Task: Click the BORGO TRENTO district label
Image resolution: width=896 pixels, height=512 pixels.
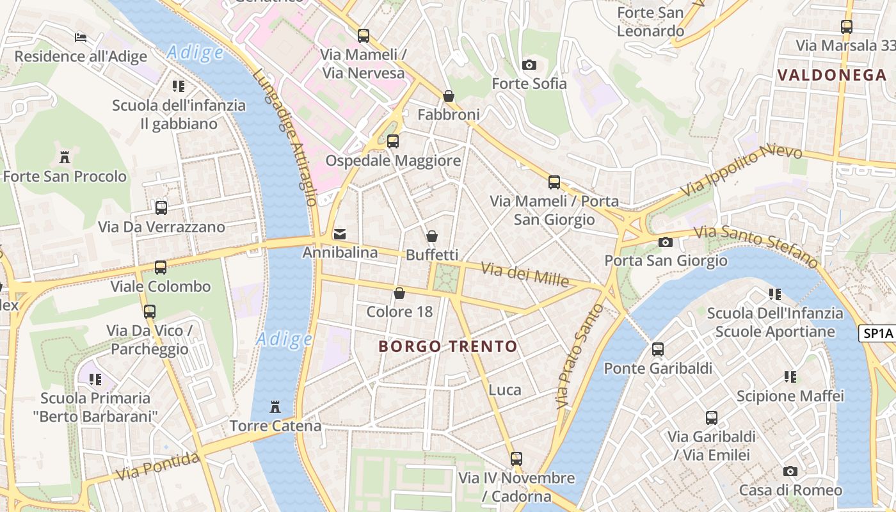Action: [x=447, y=347]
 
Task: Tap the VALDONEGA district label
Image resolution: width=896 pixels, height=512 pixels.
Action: [x=831, y=75]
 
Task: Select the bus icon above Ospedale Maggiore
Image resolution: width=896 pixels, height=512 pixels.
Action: [x=393, y=141]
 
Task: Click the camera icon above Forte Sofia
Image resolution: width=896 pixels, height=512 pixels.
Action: [x=529, y=65]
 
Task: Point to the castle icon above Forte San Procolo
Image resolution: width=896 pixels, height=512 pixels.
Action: [x=64, y=157]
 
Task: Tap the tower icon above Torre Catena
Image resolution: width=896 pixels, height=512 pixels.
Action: [x=275, y=406]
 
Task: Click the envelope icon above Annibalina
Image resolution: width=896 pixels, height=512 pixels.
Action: [x=340, y=234]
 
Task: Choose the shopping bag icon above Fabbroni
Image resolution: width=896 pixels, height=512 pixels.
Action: [x=449, y=96]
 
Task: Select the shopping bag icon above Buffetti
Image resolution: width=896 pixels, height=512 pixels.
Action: [x=432, y=236]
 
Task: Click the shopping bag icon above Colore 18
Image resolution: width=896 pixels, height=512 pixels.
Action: [x=399, y=293]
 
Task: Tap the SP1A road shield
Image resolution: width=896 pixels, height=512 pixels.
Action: [x=877, y=333]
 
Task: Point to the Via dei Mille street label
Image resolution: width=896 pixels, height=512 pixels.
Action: [x=525, y=274]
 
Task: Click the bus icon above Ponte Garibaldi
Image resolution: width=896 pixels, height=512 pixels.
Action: [x=658, y=349]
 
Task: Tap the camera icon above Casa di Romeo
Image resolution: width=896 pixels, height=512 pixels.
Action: [x=790, y=472]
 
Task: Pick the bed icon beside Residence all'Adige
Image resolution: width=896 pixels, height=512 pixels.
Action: [x=81, y=37]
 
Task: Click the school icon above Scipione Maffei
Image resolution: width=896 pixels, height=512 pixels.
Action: [x=790, y=377]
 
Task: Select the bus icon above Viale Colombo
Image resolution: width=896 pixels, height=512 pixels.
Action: [x=161, y=268]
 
